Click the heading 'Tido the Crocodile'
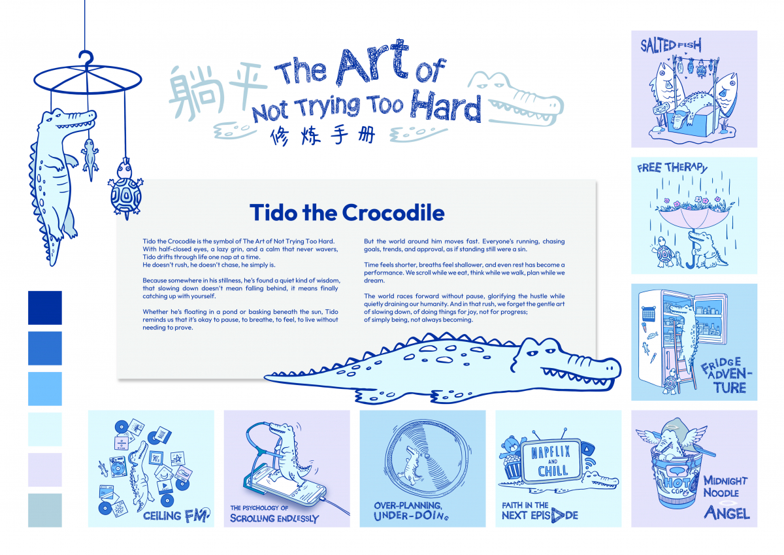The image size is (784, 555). pyautogui.click(x=347, y=212)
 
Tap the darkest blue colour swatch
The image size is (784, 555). pyautogui.click(x=44, y=308)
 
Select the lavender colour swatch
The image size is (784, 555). pyautogui.click(x=44, y=469)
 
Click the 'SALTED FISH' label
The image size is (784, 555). pyautogui.click(x=670, y=46)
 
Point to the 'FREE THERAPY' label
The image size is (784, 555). pyautogui.click(x=672, y=168)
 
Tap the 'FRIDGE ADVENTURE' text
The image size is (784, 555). pyautogui.click(x=724, y=375)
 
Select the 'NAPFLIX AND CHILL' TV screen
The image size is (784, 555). pyautogui.click(x=553, y=461)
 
